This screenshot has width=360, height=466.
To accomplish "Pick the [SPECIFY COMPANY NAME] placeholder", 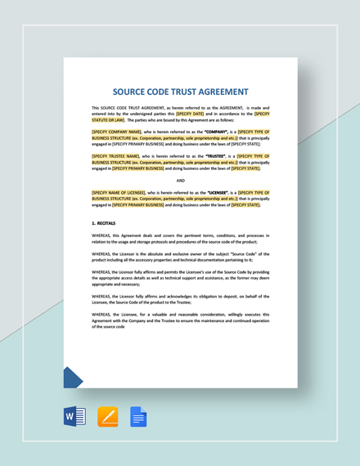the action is (x=116, y=132).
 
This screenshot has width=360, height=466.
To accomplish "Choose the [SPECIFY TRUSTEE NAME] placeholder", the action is (x=115, y=155).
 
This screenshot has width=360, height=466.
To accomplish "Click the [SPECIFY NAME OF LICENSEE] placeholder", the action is (x=122, y=192).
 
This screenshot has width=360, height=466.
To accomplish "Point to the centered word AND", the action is (x=180, y=180).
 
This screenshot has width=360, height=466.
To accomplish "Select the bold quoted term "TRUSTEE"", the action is (x=215, y=155).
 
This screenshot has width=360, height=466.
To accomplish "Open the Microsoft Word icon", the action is (x=74, y=417).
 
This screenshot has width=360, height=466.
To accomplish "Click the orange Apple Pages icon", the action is (x=108, y=417).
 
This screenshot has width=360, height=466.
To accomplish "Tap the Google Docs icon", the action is (x=138, y=417).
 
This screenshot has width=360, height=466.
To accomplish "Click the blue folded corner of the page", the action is (x=72, y=378).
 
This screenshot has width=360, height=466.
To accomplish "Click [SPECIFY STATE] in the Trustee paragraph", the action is (x=245, y=168).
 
